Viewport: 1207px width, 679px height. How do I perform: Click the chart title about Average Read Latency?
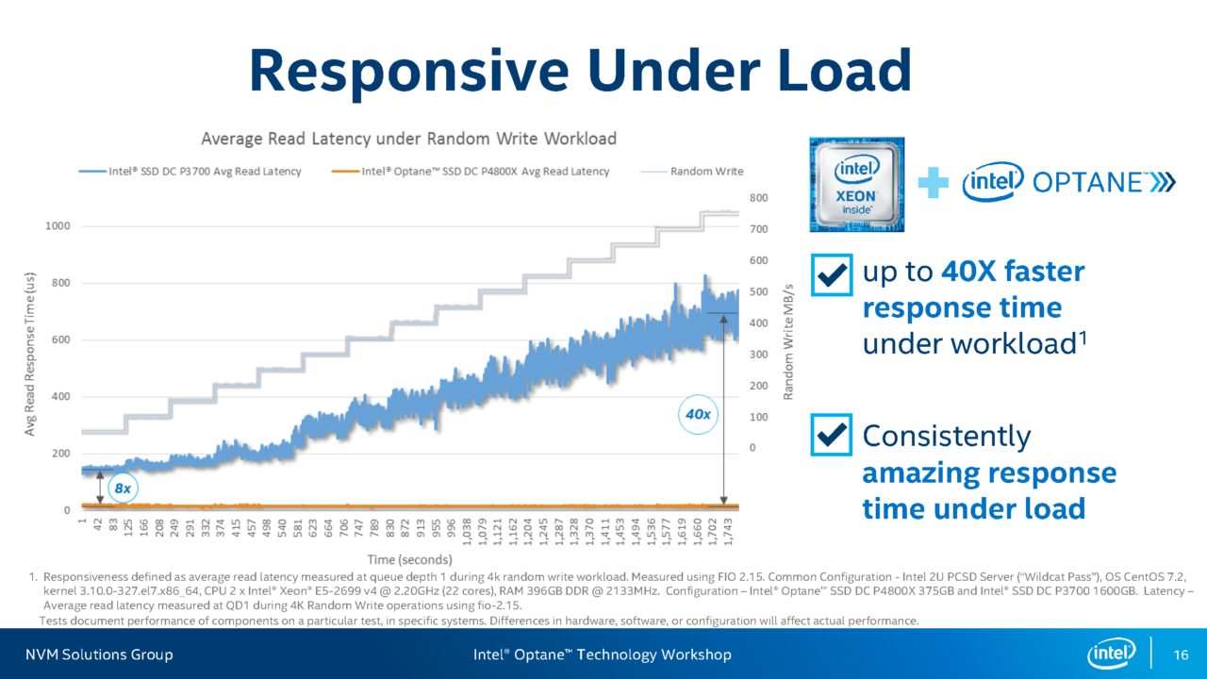(x=408, y=139)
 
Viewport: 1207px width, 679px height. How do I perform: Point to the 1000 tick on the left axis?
(x=58, y=226)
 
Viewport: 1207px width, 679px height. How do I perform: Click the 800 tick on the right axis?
(x=759, y=198)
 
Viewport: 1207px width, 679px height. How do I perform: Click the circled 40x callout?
(x=698, y=414)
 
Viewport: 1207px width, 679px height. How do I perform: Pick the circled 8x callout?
(x=123, y=489)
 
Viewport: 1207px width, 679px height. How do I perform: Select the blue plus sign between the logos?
(x=933, y=184)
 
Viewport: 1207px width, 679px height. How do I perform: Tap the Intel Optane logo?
(x=1068, y=183)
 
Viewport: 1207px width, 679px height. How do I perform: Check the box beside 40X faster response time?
(x=831, y=274)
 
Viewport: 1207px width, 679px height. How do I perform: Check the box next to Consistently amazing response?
(x=831, y=435)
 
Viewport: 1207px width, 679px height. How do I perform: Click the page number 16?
(x=1179, y=654)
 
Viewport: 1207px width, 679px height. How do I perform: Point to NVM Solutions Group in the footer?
(x=99, y=654)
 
